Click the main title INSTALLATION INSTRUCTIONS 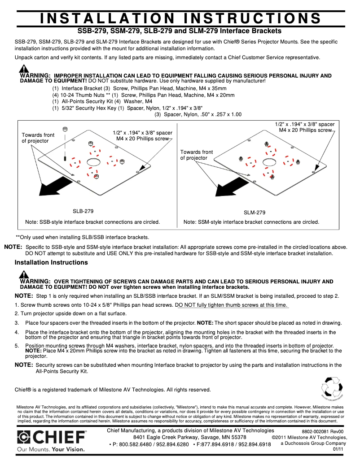(180, 18)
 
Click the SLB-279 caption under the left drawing (83, 211)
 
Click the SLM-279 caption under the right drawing (255, 213)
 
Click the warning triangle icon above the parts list (24, 69)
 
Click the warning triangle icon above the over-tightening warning (24, 275)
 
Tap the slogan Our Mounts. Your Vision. (50, 449)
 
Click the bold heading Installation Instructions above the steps (51, 262)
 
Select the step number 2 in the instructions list (17, 313)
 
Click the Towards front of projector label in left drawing (38, 138)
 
